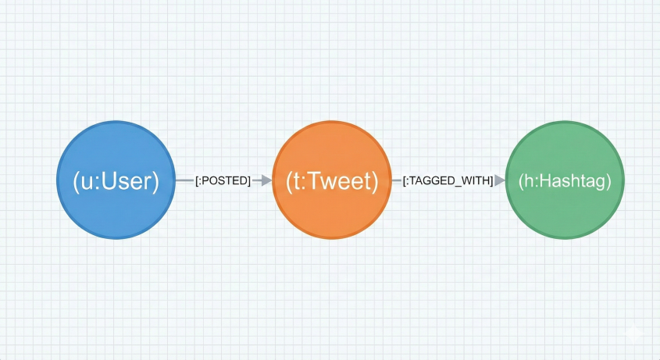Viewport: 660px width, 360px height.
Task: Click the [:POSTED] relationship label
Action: coord(223,181)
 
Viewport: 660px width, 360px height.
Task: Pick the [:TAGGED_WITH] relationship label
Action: coord(448,181)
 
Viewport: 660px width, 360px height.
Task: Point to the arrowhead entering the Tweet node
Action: coord(266,180)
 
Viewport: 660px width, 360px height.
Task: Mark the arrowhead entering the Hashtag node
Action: coord(499,180)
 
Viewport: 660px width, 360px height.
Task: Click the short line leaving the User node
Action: coord(184,180)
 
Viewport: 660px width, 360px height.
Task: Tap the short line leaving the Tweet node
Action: coord(396,180)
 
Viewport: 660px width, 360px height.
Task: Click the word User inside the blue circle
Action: coord(127,181)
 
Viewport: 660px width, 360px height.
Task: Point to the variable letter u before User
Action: coord(84,182)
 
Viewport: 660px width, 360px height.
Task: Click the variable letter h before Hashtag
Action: coord(529,181)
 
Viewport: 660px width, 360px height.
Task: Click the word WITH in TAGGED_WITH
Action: coord(474,181)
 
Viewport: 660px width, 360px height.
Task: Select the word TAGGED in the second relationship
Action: coord(433,181)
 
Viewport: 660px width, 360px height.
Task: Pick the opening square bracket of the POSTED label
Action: coord(197,181)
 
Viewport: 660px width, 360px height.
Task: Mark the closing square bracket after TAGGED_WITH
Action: coord(491,181)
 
